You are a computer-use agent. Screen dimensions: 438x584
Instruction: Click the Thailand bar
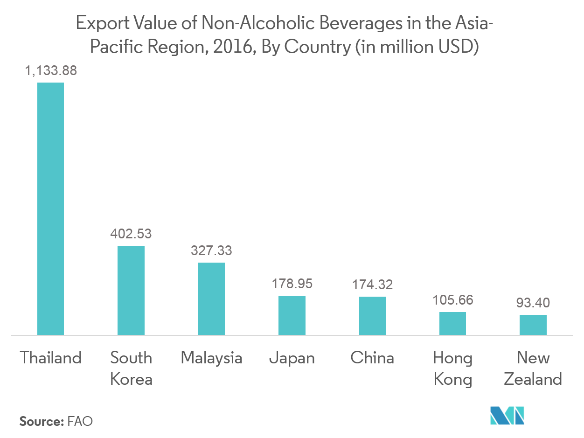50,209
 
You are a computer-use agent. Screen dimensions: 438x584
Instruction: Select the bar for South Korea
131,290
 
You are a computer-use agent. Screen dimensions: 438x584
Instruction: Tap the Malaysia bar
211,299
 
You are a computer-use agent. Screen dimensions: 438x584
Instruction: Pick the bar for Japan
292,315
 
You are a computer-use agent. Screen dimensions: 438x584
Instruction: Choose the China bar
372,316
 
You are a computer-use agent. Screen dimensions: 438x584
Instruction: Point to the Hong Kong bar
452,323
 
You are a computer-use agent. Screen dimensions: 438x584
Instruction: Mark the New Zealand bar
533,325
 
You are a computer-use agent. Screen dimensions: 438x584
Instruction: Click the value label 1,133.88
51,71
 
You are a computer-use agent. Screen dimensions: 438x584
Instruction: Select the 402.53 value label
131,234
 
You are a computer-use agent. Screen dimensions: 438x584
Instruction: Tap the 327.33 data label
211,250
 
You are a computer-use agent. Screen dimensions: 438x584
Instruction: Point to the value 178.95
292,284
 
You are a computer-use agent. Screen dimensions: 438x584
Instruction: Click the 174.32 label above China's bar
372,285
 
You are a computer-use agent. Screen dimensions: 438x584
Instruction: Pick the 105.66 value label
452,300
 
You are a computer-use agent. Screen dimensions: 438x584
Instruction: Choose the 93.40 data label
533,303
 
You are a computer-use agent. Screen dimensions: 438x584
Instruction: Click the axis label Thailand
51,358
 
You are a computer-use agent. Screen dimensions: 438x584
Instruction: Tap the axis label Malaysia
211,358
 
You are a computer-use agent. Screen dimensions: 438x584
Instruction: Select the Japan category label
292,358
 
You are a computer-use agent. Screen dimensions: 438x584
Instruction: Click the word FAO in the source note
80,421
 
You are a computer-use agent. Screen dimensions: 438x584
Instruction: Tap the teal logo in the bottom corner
507,416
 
